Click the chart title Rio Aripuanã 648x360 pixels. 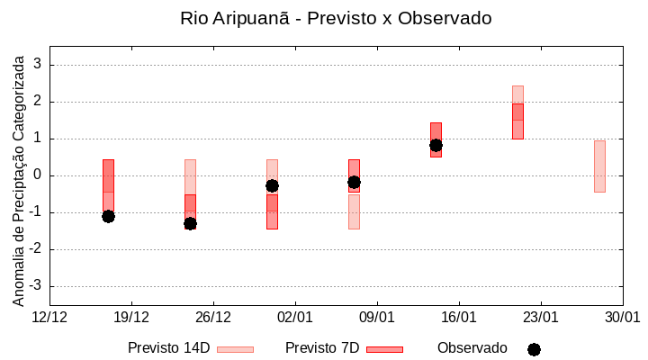tap(336, 18)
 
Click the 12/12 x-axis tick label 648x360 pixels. tap(49, 318)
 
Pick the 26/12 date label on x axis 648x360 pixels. tap(213, 318)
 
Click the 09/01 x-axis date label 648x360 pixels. tap(377, 318)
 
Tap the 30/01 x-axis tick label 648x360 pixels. tap(622, 318)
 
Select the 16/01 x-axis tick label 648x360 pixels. tap(459, 318)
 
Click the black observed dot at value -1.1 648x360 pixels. tap(108, 216)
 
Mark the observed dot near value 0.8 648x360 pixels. tap(436, 145)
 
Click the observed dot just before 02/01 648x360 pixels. tap(272, 185)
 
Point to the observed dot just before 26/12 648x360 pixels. tap(190, 223)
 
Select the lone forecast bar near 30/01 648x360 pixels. tap(599, 166)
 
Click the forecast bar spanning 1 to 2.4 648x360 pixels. tap(517, 112)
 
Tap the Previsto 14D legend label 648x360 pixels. tap(168, 347)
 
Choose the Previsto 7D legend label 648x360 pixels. tap(322, 347)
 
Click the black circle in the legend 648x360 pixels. tap(534, 349)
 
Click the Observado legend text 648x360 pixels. tap(472, 347)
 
